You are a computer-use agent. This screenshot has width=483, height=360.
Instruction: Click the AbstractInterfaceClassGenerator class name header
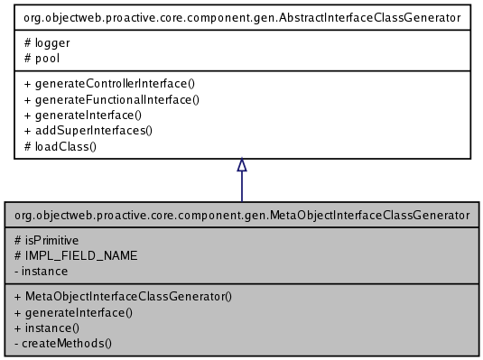point(242,15)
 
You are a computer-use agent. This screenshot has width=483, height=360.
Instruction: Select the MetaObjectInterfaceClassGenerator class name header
point(242,216)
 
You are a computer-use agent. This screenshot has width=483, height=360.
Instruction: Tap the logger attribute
point(51,41)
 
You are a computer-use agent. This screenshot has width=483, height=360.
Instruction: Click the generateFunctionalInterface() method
point(111,99)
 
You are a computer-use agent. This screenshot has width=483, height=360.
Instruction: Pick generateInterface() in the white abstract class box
point(85,115)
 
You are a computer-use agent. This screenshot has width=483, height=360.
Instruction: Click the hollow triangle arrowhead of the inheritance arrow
point(242,166)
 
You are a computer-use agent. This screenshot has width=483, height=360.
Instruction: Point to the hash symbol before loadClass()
point(29,145)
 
